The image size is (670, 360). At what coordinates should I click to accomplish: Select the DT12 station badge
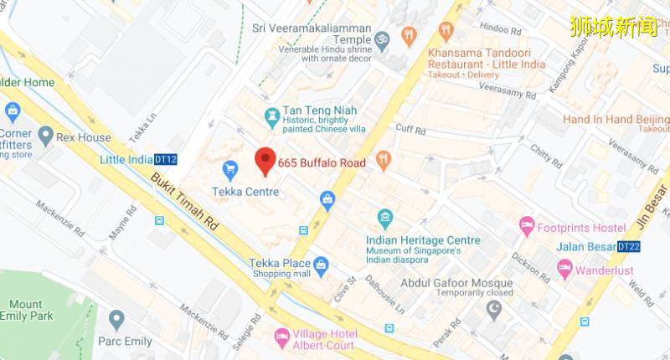point(166,160)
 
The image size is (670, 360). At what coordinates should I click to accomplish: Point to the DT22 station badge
point(628,247)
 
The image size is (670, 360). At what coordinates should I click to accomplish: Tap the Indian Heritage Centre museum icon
point(384,220)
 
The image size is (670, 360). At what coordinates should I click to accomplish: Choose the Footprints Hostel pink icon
point(527,226)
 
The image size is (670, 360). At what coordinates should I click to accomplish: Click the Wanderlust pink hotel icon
point(564,270)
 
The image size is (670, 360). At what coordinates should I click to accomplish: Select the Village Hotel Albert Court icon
point(281,339)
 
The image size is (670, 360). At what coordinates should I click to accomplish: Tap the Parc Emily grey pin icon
point(116,320)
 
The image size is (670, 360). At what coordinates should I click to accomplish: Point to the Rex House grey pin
point(45,136)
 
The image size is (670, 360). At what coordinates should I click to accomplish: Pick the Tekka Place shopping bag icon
point(321,265)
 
